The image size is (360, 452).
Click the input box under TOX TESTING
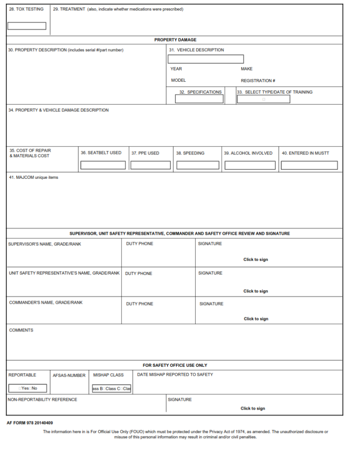click(x=27, y=26)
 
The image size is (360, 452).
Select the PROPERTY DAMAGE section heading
click(x=175, y=40)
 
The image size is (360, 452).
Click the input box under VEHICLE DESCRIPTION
click(x=205, y=59)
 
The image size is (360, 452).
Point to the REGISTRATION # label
click(x=258, y=81)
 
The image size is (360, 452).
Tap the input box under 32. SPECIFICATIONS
click(x=199, y=99)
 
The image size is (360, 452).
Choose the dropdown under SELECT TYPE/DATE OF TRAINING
click(x=263, y=99)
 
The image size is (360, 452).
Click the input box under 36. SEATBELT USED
click(x=103, y=165)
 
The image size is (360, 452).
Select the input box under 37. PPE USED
click(x=151, y=165)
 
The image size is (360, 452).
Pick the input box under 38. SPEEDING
click(x=198, y=165)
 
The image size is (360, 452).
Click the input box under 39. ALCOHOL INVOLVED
click(x=250, y=165)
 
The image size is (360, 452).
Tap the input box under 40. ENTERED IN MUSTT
click(x=309, y=165)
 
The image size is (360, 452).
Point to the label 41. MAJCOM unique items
click(x=34, y=177)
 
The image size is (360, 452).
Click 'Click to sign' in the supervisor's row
click(x=256, y=260)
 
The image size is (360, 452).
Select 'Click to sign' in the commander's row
click(x=256, y=319)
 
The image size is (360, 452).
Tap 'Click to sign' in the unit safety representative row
click(x=256, y=291)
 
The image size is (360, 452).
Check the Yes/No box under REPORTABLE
click(x=27, y=388)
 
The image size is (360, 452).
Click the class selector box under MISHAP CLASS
click(x=111, y=388)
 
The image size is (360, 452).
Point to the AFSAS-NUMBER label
click(x=69, y=375)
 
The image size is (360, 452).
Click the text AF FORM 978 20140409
click(x=29, y=423)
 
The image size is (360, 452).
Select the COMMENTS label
click(x=21, y=330)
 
